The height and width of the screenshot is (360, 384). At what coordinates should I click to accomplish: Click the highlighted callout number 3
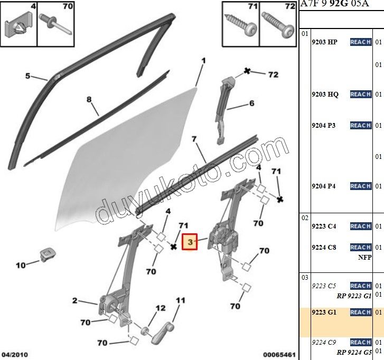click(x=190, y=242)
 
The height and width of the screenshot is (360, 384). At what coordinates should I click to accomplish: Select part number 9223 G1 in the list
click(x=324, y=312)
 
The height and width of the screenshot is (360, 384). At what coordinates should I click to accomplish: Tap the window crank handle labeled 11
click(x=163, y=333)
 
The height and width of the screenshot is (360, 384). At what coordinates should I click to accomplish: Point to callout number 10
click(x=21, y=265)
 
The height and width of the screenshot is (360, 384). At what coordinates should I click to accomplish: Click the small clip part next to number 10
click(x=47, y=254)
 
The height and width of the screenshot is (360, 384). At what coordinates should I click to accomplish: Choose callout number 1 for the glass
click(x=203, y=61)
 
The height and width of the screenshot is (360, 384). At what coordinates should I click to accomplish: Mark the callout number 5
click(x=27, y=76)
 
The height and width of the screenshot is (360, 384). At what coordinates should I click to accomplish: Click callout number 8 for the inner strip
click(x=89, y=99)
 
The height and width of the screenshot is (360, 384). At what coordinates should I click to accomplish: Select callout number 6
click(x=252, y=103)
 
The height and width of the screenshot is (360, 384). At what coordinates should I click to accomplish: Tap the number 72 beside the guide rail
click(x=273, y=74)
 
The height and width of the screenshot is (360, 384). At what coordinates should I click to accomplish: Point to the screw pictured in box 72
click(x=278, y=25)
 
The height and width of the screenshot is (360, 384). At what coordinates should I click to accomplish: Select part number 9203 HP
click(x=324, y=42)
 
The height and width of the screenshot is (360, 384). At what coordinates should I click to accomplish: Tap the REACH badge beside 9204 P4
click(x=360, y=186)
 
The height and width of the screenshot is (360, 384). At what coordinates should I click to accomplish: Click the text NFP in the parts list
click(x=364, y=257)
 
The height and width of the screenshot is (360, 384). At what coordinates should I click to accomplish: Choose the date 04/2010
click(x=15, y=355)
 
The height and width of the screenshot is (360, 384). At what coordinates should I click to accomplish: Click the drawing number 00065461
click(x=279, y=355)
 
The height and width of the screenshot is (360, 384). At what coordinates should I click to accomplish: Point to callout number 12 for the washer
click(x=161, y=308)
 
